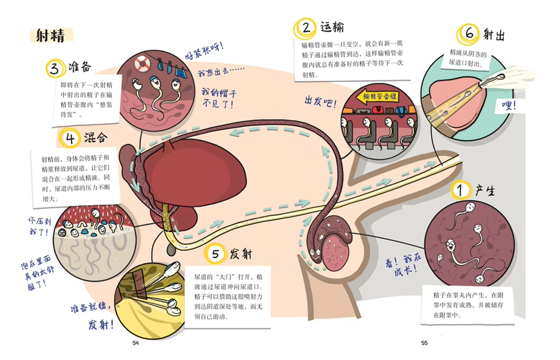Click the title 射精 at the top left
[x=50, y=35]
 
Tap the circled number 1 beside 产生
[x=460, y=190]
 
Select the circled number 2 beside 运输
[x=306, y=27]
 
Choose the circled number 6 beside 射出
[x=467, y=34]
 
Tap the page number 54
[x=136, y=343]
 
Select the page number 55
[x=424, y=343]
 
